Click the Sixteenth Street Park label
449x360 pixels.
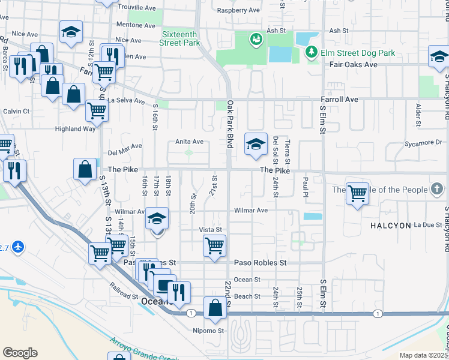181,39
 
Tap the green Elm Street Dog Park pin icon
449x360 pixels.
312,53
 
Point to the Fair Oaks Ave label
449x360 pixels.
354,64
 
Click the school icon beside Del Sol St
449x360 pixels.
256,144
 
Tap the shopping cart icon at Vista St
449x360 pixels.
214,245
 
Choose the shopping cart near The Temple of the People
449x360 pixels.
357,193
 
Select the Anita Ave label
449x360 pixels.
189,142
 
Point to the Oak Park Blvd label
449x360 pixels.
229,124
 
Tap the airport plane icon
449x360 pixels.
19,247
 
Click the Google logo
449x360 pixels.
20,353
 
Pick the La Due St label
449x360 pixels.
427,225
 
